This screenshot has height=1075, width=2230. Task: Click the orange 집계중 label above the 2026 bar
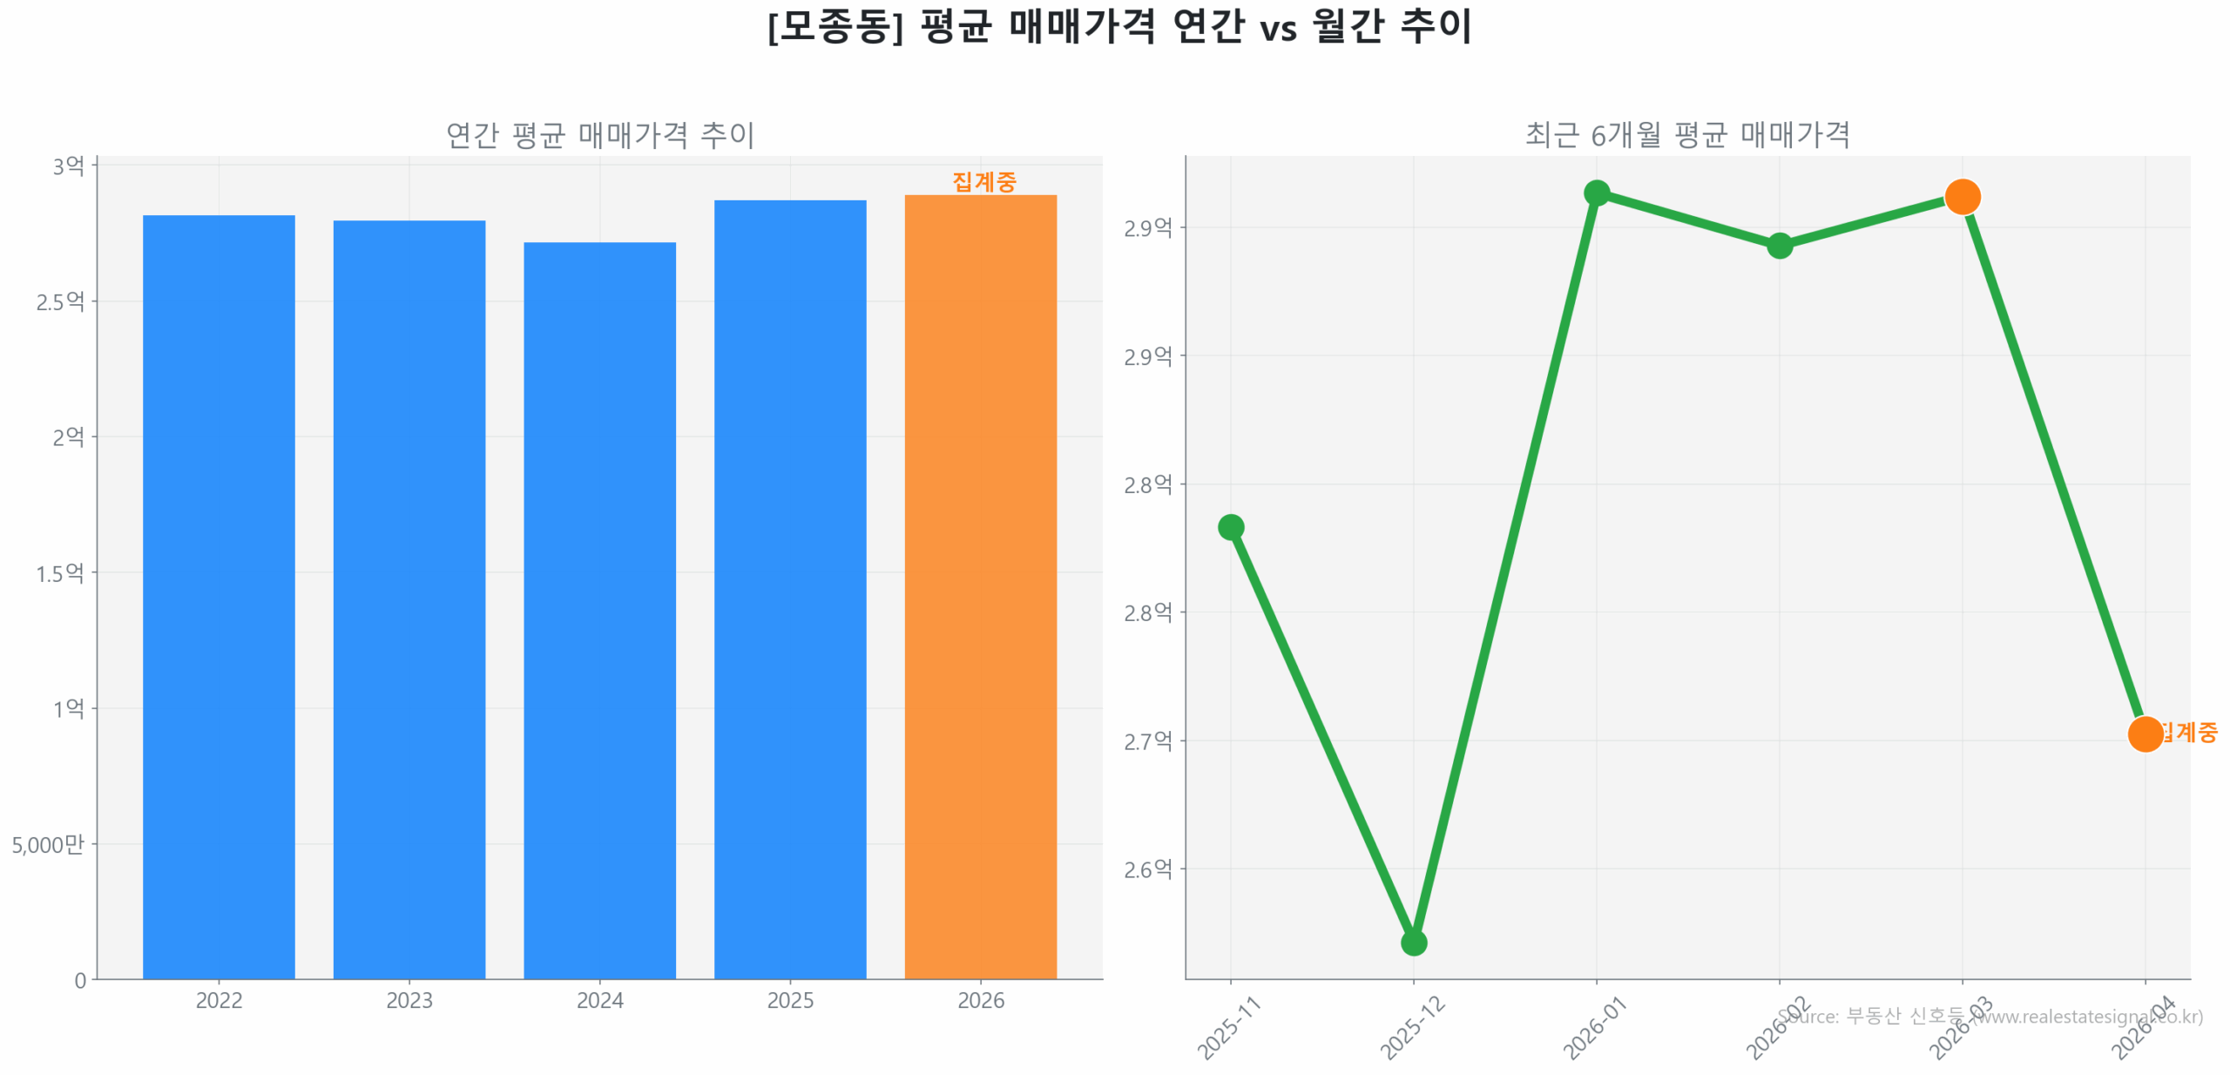coord(983,181)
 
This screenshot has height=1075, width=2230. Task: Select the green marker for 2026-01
coord(1595,193)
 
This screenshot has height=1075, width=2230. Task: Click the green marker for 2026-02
coord(1778,245)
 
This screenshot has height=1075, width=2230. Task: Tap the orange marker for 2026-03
coord(1961,196)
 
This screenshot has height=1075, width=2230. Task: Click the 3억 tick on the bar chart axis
coord(68,166)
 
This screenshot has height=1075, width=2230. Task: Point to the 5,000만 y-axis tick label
coord(48,843)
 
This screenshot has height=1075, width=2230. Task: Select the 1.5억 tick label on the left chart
coord(59,572)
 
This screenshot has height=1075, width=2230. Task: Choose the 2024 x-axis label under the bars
coord(598,999)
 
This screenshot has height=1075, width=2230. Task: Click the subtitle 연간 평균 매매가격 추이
coord(599,134)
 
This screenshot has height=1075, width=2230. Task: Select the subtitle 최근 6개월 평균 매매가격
coord(1686,134)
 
